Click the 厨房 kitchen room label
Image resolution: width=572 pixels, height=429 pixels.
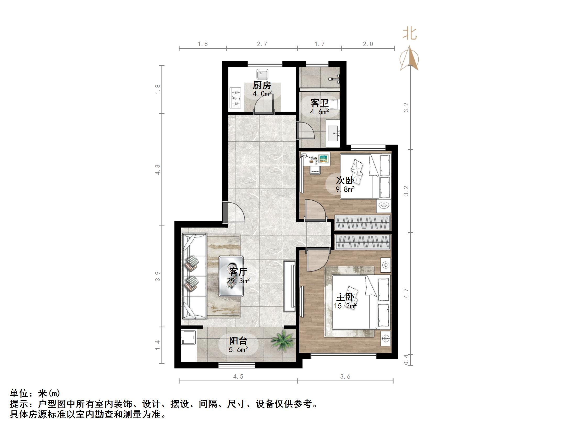coord(262,85)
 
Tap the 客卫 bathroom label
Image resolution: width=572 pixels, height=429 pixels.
coord(319,103)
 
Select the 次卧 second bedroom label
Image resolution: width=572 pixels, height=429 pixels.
coord(345,181)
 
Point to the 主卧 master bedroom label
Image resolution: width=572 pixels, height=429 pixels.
coord(345,297)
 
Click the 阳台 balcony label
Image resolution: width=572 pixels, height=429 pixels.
coord(238,341)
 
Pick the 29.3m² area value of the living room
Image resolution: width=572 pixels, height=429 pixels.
coord(238,281)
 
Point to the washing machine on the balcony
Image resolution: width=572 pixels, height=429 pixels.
coord(188,338)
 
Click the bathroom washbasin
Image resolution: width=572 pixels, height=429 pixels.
coord(333,134)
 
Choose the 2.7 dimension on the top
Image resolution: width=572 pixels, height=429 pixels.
coord(262,44)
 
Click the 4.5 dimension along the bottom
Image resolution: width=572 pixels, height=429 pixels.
coord(238,377)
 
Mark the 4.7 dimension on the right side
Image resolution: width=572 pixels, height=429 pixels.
coord(406,293)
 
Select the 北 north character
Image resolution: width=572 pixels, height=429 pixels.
coord(410,34)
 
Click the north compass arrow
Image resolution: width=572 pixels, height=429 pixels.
coord(409,59)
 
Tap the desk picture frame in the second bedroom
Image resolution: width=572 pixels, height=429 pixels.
coord(324,158)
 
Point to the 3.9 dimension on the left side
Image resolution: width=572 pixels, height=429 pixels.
coord(157,276)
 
